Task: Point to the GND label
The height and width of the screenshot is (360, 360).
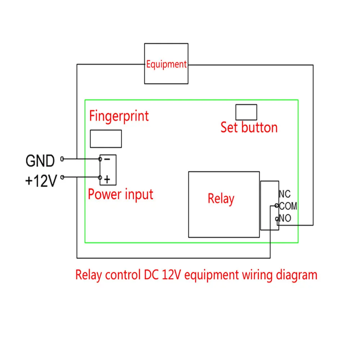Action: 40,161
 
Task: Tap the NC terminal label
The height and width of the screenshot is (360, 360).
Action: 285,194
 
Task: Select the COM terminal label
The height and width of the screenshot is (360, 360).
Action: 288,206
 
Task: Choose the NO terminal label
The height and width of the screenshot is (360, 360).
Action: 285,218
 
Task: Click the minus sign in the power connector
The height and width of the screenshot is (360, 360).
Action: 107,159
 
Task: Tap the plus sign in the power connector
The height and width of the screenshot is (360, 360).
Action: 107,179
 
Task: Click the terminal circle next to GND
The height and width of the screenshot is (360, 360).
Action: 62,159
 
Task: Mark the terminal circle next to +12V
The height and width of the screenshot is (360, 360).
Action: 62,177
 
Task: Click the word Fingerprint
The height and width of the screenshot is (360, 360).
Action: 119,116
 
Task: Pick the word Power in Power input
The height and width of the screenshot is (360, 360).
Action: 105,194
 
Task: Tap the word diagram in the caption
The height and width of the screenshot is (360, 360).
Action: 297,275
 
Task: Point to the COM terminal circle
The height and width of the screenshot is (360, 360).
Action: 276,206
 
